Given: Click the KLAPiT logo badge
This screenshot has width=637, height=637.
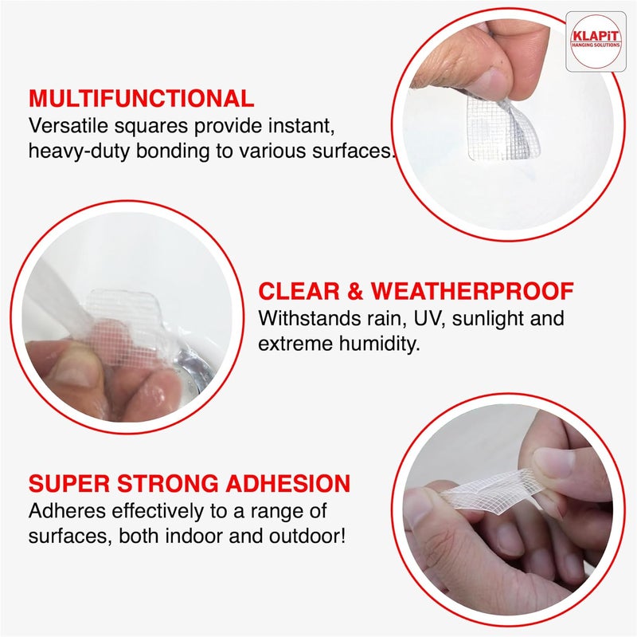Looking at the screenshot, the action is point(596,41).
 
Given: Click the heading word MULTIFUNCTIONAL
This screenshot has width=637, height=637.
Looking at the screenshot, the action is point(142,98).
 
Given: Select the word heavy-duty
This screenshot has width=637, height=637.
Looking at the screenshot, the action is point(79,151).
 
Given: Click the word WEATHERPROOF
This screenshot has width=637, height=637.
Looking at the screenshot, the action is point(472,291).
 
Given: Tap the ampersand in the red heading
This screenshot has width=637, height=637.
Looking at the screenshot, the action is point(355,291).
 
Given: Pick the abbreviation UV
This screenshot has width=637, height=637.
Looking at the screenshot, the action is point(429,318).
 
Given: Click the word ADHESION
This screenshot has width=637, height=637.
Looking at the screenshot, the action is point(288,484).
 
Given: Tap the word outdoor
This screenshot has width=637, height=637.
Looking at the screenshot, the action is point(304,536).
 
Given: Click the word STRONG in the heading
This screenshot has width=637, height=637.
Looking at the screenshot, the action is point(167,484).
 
